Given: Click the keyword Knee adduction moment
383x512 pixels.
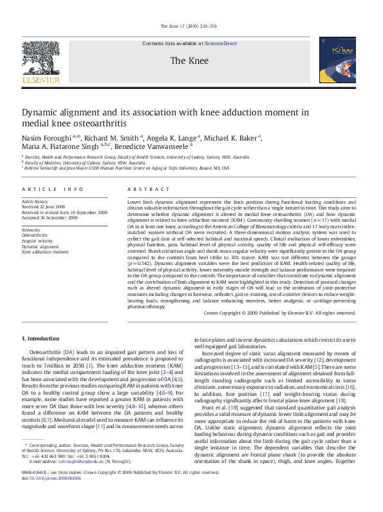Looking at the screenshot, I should click(x=44, y=252).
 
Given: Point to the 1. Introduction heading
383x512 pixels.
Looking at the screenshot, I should click(x=41, y=339).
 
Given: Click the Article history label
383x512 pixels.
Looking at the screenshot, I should click(x=35, y=202).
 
